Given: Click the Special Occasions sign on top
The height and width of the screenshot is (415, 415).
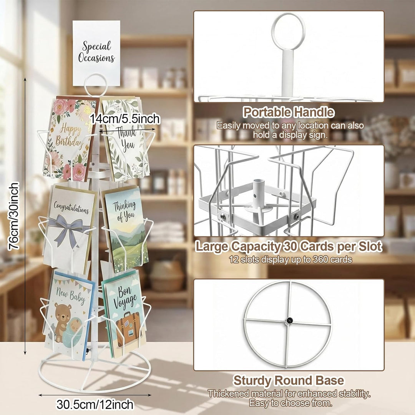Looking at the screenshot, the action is click(96, 53).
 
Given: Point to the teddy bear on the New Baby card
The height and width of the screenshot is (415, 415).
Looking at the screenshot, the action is click(62, 322).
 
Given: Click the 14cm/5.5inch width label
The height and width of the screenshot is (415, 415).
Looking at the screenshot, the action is click(125, 119).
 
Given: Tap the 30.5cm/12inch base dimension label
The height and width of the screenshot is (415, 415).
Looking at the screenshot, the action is click(95, 405).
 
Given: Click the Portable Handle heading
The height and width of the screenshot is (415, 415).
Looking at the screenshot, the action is click(289, 112).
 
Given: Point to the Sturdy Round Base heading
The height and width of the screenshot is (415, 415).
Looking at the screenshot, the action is click(289, 380).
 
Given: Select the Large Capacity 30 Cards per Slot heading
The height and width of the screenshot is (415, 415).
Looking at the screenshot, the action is click(289, 247).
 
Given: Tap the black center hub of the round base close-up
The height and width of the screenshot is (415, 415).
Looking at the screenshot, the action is click(289, 321).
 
